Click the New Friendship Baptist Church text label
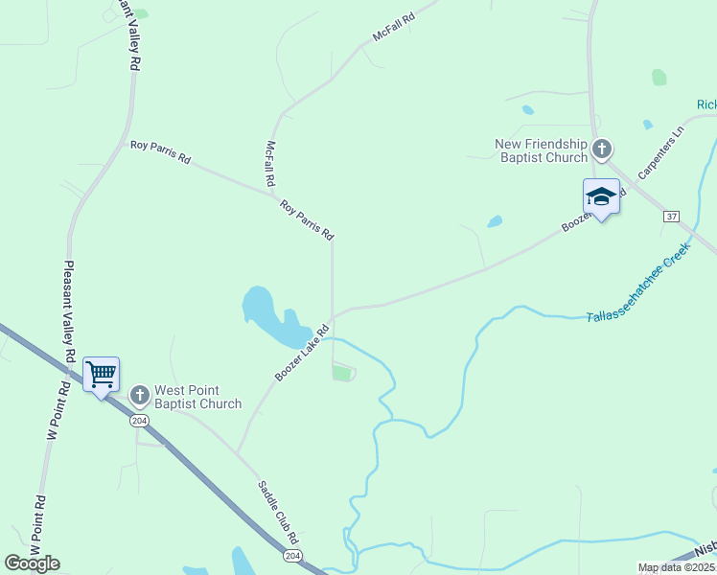click(x=541, y=150)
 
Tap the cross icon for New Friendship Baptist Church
click(x=602, y=149)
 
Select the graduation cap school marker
click(x=601, y=197)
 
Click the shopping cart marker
click(x=101, y=374)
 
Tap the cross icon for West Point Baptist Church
click(x=139, y=395)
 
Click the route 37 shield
click(x=671, y=217)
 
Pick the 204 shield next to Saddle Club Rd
click(x=291, y=556)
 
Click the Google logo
click(x=32, y=563)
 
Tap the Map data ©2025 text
click(x=676, y=567)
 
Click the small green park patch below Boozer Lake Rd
click(x=342, y=373)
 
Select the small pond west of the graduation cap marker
click(x=495, y=222)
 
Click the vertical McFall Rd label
click(x=270, y=164)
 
